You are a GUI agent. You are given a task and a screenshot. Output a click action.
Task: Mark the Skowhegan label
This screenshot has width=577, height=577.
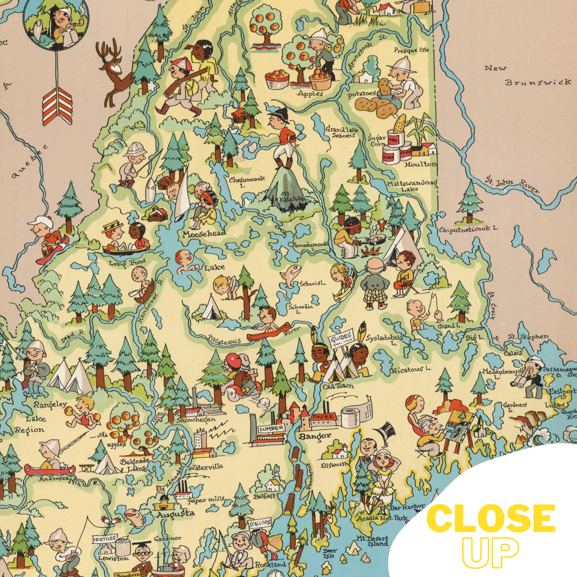coord(196,419)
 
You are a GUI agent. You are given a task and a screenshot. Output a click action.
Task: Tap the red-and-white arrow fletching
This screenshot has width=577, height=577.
coord(57,106)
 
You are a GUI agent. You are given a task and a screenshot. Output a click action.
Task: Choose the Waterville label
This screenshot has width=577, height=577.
coord(206,467)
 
